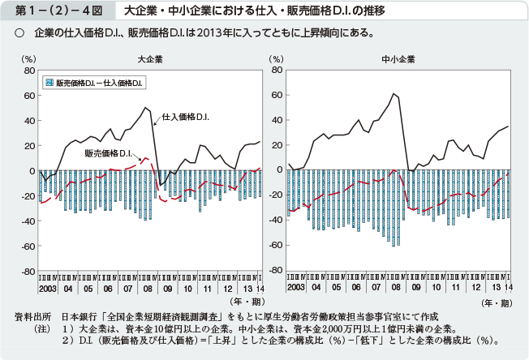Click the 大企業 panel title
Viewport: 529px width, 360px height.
click(x=148, y=58)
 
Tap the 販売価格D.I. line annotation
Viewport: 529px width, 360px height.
click(x=108, y=152)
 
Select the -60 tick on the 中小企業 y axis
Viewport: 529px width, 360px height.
click(x=276, y=246)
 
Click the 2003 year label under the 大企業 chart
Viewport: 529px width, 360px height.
click(x=46, y=288)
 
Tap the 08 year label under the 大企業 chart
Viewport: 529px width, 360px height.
click(x=147, y=288)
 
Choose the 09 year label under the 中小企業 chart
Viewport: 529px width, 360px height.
click(x=416, y=288)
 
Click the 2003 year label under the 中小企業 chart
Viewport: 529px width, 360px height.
click(x=295, y=288)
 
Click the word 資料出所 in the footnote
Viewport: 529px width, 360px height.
click(x=32, y=315)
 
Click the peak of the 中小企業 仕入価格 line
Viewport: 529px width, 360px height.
click(x=394, y=93)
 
